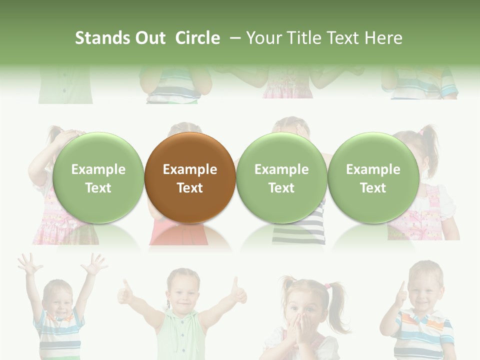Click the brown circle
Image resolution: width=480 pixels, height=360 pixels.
coord(190,177)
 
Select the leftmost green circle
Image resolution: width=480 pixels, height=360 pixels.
coord(98,177)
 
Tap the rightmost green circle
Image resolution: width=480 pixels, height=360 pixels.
coord(373,177)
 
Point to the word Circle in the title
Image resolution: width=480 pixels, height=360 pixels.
coord(197,38)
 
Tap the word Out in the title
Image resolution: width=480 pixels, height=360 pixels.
coord(150,38)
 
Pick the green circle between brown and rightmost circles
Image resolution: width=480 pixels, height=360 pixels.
coord(281,177)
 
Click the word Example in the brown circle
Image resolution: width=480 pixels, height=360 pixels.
coord(190,169)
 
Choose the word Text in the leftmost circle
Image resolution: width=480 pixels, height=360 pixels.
coord(98,188)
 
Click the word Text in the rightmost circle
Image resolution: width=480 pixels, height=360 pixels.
coord(373,188)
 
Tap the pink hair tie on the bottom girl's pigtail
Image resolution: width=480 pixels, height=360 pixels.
coord(327,286)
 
